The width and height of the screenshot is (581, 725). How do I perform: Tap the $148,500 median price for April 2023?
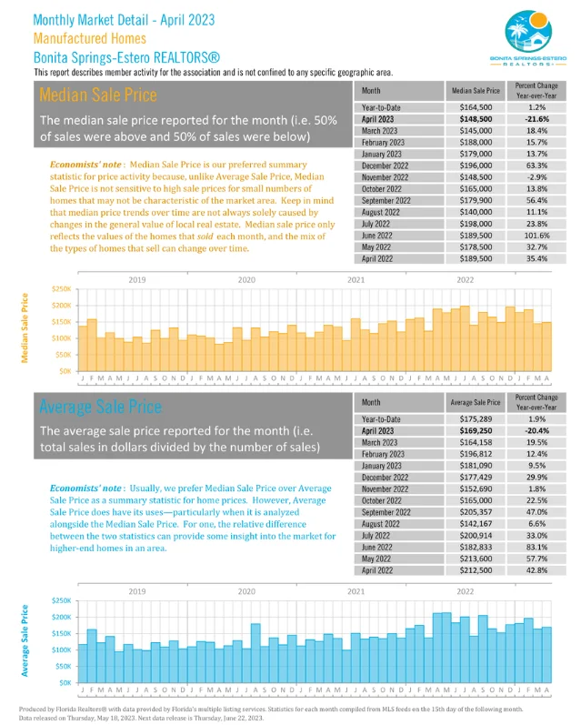[x=476, y=119]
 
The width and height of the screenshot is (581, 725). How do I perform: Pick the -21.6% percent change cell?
[x=536, y=119]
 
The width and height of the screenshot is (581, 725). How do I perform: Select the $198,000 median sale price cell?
[x=476, y=224]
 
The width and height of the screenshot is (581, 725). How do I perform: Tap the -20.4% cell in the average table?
[x=536, y=429]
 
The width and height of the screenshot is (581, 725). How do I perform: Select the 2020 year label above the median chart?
[x=245, y=280]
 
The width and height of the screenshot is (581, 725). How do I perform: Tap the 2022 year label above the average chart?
[x=465, y=590]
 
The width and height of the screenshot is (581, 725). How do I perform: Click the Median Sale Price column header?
[x=476, y=91]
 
